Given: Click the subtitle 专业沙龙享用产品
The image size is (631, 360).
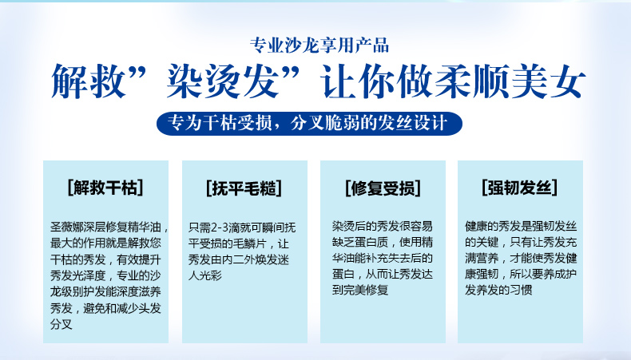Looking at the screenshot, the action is pos(319,45).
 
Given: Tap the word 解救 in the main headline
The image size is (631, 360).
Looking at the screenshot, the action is pos(87,81).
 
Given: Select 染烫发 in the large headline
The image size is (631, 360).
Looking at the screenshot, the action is pos(223,81).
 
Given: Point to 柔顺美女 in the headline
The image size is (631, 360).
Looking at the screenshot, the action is pos(510,81).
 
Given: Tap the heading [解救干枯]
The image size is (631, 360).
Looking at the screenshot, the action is pos(105,188).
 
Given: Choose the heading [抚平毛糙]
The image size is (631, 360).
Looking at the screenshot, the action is pos(244,188).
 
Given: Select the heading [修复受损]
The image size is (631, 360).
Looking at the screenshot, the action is pos(383,188).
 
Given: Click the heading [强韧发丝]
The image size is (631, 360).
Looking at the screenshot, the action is pos(520,188).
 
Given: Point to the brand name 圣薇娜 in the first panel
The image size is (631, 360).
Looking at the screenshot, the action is pos(67,227).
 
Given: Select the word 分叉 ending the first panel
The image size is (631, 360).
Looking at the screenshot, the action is pos(62,324).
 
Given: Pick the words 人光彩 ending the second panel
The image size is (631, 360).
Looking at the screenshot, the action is pos(205,275).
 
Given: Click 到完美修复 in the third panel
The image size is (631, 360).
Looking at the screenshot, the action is pos(360,290).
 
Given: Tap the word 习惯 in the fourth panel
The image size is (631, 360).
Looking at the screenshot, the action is pos(521,290).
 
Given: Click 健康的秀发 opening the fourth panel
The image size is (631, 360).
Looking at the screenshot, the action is pos(493,226).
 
